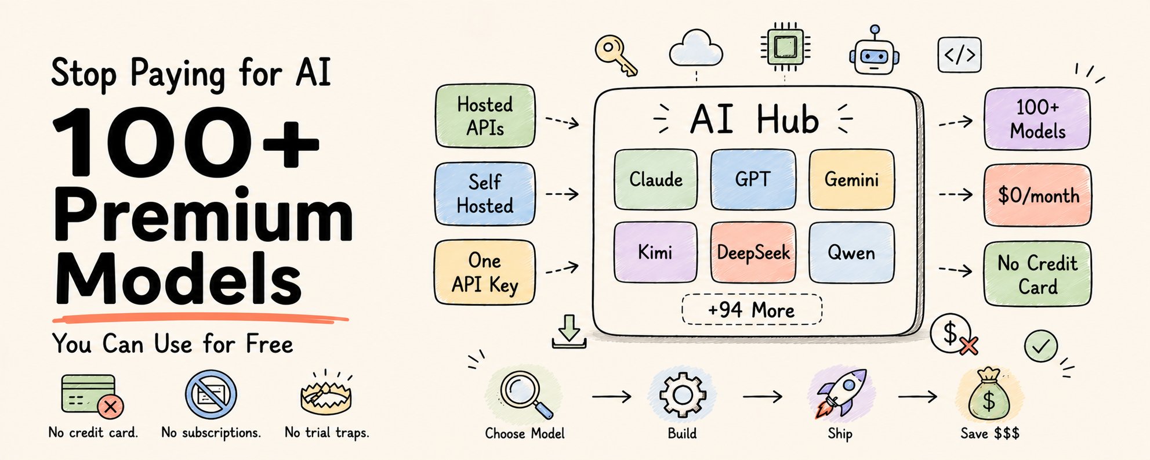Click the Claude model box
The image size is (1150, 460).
pos(655,179)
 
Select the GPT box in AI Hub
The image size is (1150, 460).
pos(753,179)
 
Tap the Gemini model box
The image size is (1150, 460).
pos(851,179)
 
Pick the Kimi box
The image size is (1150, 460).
pos(655,252)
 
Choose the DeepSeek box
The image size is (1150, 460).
pos(753,252)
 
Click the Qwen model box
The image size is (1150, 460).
pos(851,252)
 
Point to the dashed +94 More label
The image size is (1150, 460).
pos(752,310)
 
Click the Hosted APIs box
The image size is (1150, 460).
pos(485,116)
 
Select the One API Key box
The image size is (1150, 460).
pos(485,273)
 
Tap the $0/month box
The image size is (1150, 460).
pos(1037,195)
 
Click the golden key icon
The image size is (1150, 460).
pos(616,55)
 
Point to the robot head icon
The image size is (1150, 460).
pos(874,51)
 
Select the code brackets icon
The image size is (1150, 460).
pos(959,55)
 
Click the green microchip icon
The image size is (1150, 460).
pos(785,46)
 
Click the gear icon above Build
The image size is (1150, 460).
pos(683,394)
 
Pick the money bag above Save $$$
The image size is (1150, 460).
pos(989,395)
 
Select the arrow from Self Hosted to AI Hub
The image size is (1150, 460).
pos(562,194)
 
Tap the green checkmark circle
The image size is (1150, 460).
pos(1040,346)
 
